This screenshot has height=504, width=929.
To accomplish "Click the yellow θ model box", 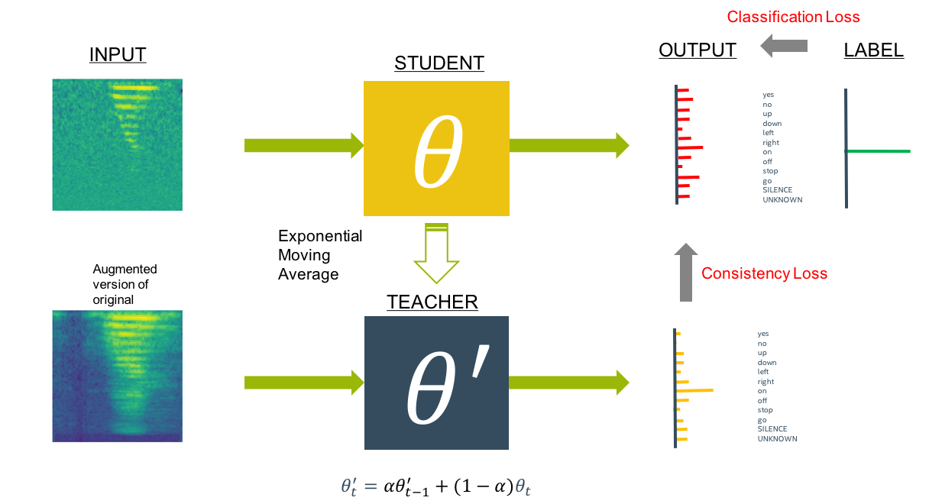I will [x=436, y=148].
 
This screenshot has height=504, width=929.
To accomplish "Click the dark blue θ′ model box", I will [x=436, y=383].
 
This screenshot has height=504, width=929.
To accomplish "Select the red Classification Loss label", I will [x=793, y=17].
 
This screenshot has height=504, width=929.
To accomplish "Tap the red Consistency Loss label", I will [x=764, y=273].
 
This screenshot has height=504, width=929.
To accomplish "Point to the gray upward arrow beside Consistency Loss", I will [x=686, y=272].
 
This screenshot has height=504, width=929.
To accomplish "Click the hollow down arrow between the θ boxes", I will [x=436, y=256].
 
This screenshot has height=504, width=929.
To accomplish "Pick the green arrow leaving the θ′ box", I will [x=568, y=382].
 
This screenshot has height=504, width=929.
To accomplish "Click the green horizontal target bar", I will [x=879, y=152].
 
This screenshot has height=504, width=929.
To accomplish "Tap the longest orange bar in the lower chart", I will [x=694, y=390].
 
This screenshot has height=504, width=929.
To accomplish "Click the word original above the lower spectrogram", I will [x=113, y=300].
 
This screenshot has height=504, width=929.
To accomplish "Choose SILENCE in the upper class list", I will [x=777, y=190].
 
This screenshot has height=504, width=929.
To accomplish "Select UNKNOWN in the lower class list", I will [x=777, y=438].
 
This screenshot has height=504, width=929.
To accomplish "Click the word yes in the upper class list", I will [x=768, y=95].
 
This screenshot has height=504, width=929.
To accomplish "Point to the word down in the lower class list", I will [x=766, y=362].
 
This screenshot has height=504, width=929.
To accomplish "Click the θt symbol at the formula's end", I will [x=523, y=486].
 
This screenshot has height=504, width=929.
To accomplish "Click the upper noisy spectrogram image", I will [x=117, y=144].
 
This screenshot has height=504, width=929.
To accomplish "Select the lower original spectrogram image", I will [x=117, y=376].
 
